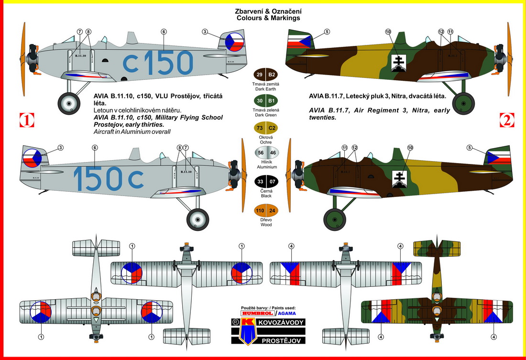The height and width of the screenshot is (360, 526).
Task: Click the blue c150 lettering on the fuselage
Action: (158, 62)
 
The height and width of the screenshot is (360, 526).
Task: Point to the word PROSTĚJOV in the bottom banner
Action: (281, 340)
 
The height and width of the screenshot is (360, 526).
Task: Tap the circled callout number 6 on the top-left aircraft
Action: (164, 32)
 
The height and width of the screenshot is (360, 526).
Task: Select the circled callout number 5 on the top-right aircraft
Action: (327, 32)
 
